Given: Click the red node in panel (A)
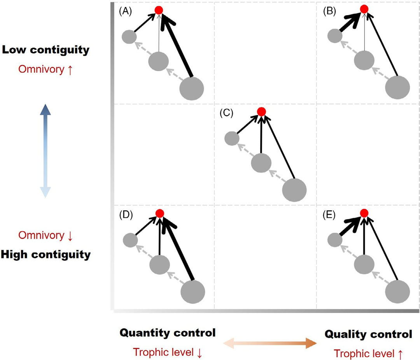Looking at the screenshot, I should [x=159, y=10].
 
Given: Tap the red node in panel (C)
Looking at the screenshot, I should [x=261, y=112].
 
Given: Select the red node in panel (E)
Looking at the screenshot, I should [x=364, y=213].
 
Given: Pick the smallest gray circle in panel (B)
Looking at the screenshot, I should [x=334, y=37].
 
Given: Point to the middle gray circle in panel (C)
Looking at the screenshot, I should [x=261, y=163].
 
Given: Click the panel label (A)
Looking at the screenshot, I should [x=125, y=11].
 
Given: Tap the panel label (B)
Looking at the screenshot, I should [x=330, y=11].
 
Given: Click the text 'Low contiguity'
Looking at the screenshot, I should [x=46, y=50].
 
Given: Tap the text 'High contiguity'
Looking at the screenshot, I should [x=46, y=255].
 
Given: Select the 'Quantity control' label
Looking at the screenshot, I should [x=168, y=333].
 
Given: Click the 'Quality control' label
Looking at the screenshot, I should [x=368, y=334].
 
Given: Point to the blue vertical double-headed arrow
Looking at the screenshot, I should [x=45, y=151].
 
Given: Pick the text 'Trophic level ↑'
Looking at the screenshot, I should [x=368, y=354].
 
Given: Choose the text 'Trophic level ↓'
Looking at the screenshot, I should [x=168, y=352].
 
